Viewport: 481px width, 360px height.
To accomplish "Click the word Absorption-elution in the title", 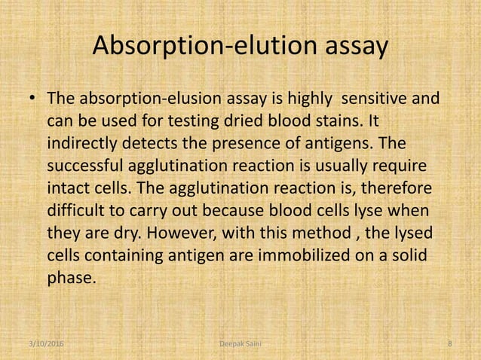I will click(198, 47).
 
